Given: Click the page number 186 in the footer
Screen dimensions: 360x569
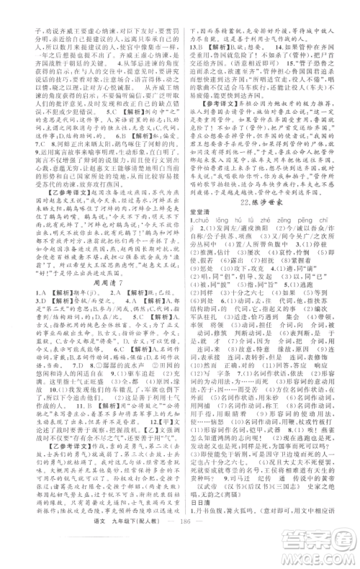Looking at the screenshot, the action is (x=180, y=550).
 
